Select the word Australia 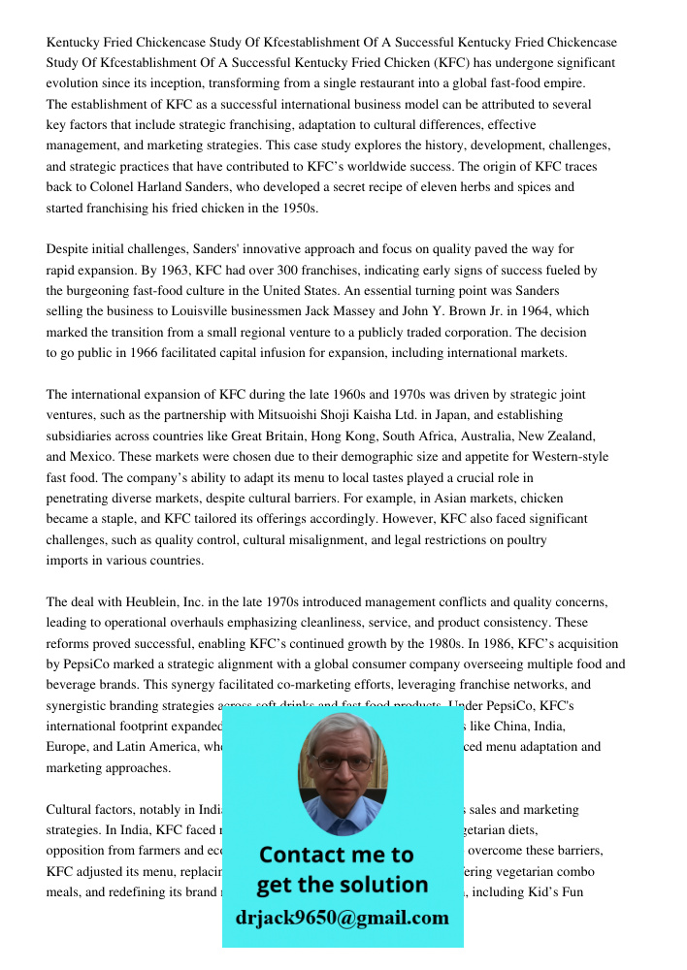[476, 436]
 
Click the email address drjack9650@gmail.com [342, 918]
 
